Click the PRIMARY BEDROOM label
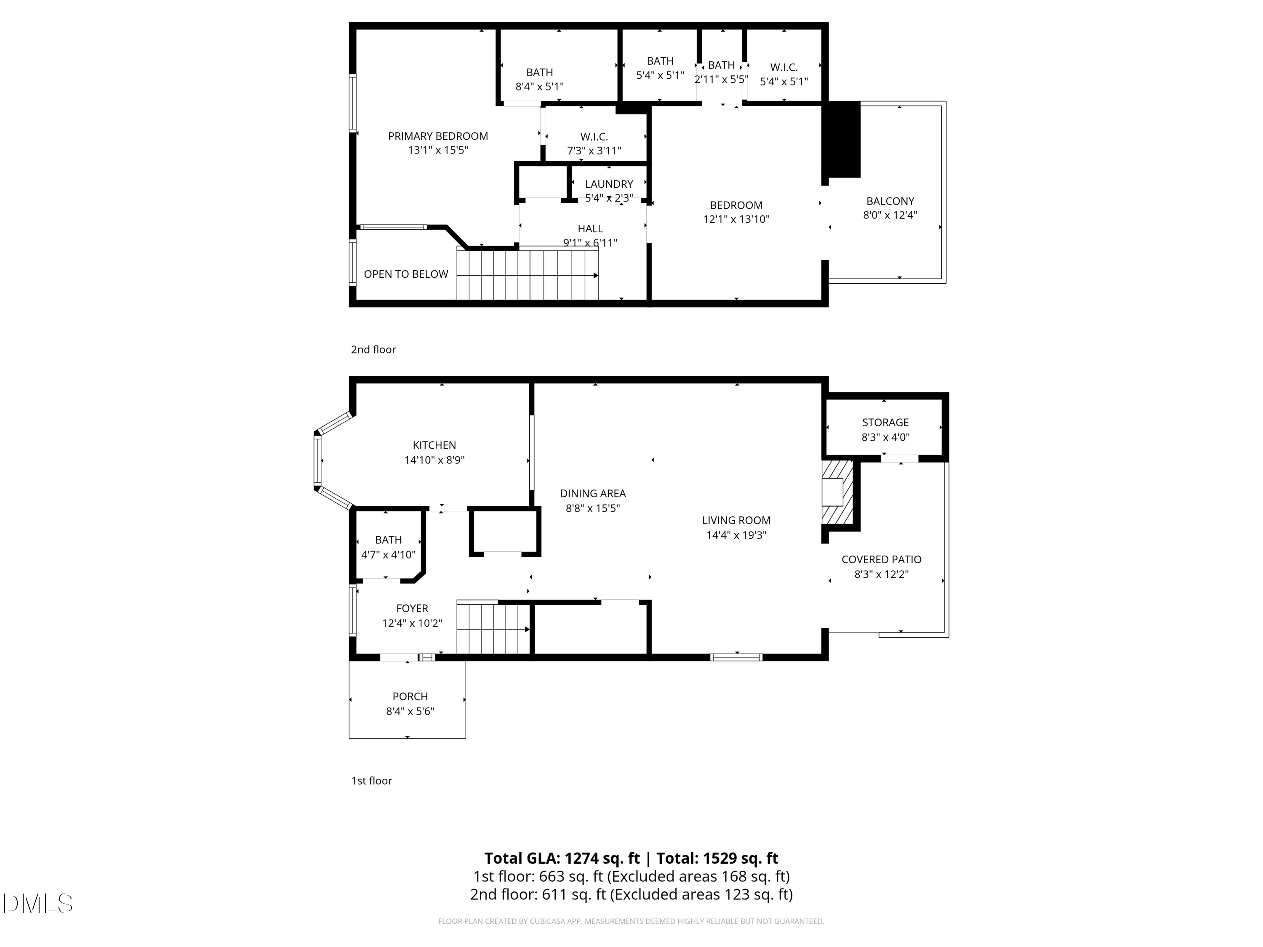pos(438,136)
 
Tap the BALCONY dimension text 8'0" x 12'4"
pos(890,215)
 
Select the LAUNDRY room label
pos(609,184)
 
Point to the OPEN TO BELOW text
pos(405,274)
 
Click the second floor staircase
pos(527,275)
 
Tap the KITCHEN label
pos(434,445)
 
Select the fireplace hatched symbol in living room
pos(837,492)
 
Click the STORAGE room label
pos(885,423)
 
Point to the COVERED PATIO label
pos(881,559)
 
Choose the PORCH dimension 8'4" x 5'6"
pos(410,711)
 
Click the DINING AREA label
pos(593,493)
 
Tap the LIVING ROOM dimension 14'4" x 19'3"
pos(736,535)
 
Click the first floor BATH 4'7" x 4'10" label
pos(388,540)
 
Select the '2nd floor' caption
pos(373,349)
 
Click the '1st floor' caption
pos(371,780)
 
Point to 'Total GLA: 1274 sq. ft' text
pos(562,858)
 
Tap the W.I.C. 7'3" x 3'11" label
pos(594,137)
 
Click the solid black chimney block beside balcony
pos(843,139)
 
